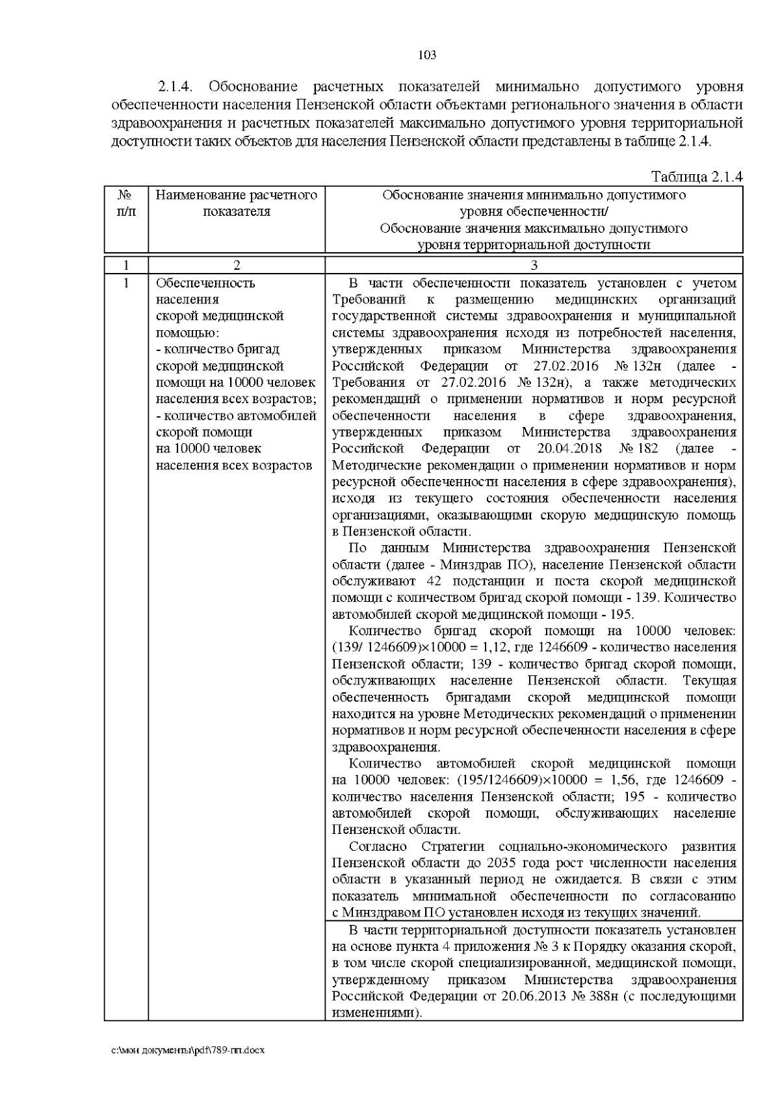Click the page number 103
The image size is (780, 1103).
[426, 55]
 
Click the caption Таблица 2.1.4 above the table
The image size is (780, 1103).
[696, 177]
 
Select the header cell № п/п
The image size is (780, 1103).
[126, 203]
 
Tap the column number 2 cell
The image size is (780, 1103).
[237, 265]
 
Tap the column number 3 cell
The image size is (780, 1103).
[534, 265]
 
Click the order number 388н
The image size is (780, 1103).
[601, 997]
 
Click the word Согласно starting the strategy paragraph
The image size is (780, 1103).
[378, 846]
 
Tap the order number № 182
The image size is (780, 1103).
[638, 448]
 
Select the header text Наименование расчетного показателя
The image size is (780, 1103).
[237, 203]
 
